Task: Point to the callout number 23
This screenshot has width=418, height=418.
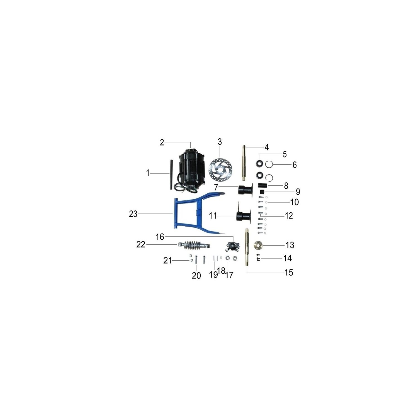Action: (133, 214)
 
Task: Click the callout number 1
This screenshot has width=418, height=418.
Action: (148, 173)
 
